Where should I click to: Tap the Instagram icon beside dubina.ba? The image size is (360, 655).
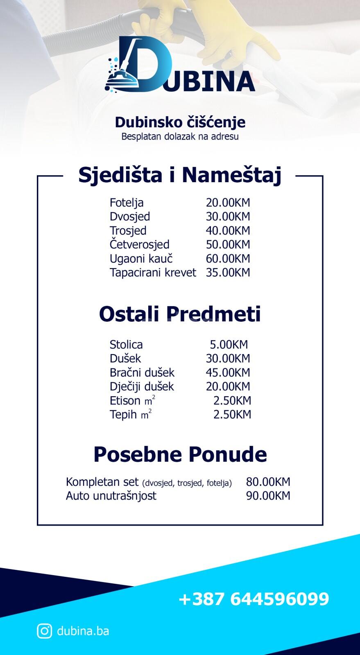click(x=44, y=631)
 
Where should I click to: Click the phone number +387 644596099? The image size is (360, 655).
click(x=254, y=599)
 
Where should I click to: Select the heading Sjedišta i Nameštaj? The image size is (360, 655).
click(x=180, y=175)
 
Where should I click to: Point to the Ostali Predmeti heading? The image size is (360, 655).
click(x=180, y=314)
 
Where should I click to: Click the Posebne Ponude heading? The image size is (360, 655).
click(x=180, y=454)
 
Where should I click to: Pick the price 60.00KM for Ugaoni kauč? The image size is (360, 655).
click(x=228, y=259)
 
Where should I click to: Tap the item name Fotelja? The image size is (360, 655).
click(x=127, y=203)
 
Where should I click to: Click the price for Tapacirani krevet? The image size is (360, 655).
click(x=228, y=273)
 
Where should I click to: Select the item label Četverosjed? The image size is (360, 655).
click(x=139, y=245)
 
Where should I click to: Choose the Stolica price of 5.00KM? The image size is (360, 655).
click(x=229, y=345)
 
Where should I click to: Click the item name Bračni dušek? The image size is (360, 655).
click(x=142, y=373)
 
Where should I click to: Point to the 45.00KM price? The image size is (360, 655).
click(x=228, y=373)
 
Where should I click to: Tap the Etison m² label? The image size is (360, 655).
click(x=132, y=400)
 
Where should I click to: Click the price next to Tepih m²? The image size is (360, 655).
click(x=232, y=414)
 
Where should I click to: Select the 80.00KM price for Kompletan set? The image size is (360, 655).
click(x=268, y=482)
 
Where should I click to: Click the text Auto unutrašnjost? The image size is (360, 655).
click(x=111, y=496)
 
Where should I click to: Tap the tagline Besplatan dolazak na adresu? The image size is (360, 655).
click(x=180, y=136)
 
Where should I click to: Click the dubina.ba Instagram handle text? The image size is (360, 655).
click(x=83, y=631)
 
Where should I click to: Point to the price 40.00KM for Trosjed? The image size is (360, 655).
click(x=228, y=230)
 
